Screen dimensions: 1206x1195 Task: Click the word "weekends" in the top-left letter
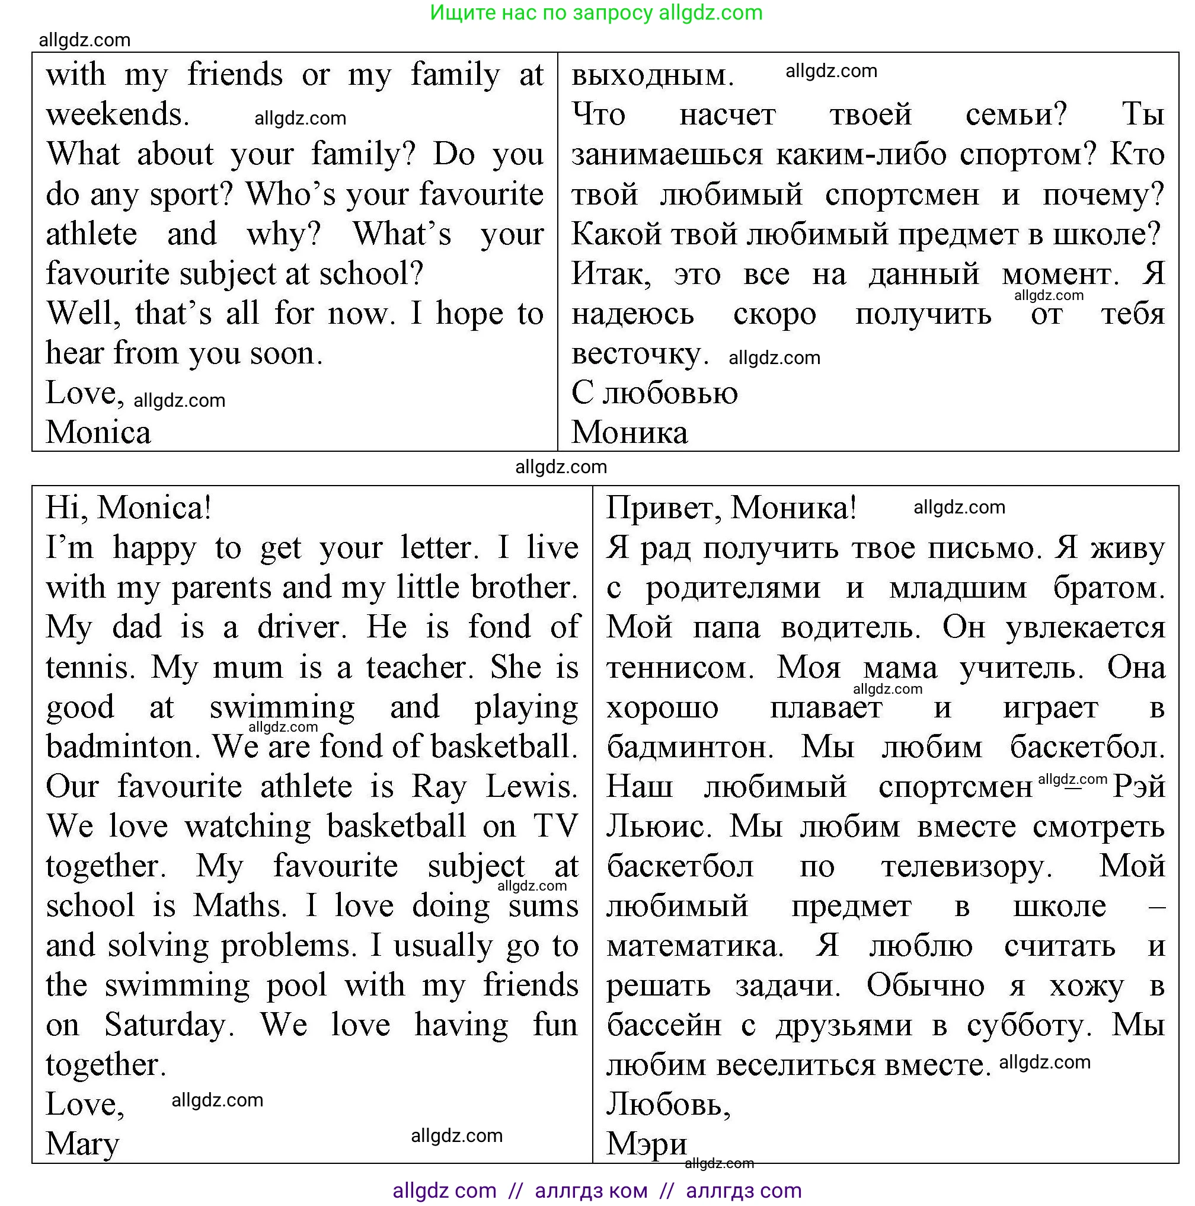[116, 115]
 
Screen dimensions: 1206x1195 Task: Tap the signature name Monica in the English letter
[98, 433]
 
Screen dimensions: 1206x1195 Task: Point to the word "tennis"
[90, 667]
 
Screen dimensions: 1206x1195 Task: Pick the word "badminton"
[122, 746]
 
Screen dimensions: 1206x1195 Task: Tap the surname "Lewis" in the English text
[531, 787]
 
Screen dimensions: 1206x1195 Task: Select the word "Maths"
[239, 906]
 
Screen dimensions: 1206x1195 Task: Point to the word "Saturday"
[168, 1025]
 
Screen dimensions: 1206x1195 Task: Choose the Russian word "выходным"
[651, 75]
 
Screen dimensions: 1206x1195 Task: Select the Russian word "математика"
[695, 946]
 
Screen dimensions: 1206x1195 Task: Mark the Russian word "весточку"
[639, 354]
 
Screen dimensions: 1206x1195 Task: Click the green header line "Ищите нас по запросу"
[542, 12]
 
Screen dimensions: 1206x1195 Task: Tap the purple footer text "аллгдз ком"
[591, 1191]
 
